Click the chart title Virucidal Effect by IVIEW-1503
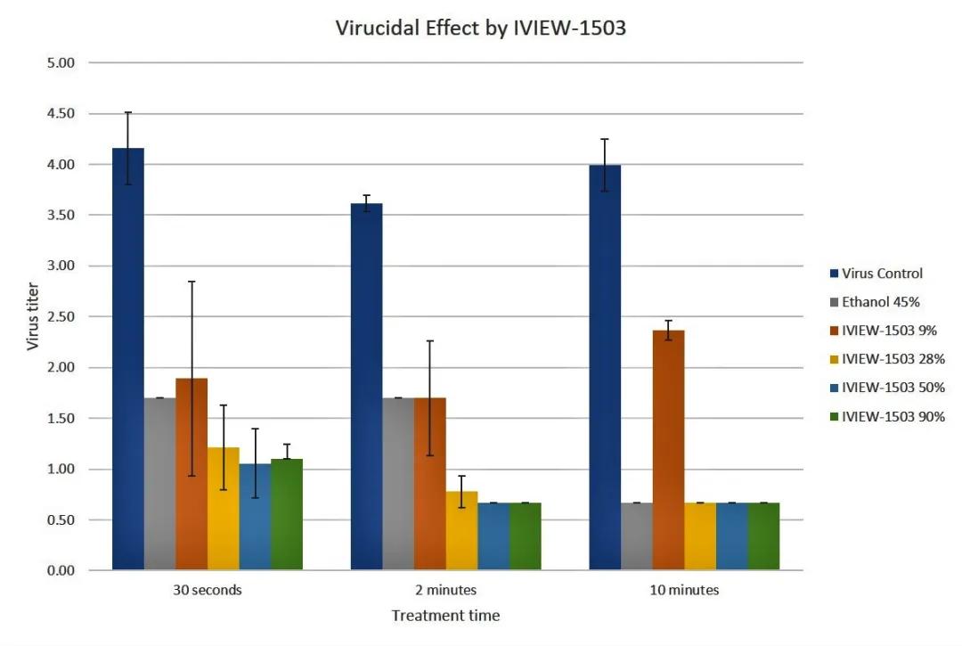pos(480,28)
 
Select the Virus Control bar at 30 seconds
pos(128,356)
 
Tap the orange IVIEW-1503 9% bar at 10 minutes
pos(668,450)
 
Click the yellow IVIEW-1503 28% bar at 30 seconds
pos(224,508)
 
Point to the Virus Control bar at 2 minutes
pos(366,387)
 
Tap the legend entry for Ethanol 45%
pos(881,302)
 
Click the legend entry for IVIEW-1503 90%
pos(893,416)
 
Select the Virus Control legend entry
pos(882,274)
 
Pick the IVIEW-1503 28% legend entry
pos(893,359)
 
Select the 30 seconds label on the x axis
pos(208,590)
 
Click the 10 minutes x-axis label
pos(684,590)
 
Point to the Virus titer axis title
pos(33,316)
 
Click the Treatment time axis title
pos(445,616)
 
